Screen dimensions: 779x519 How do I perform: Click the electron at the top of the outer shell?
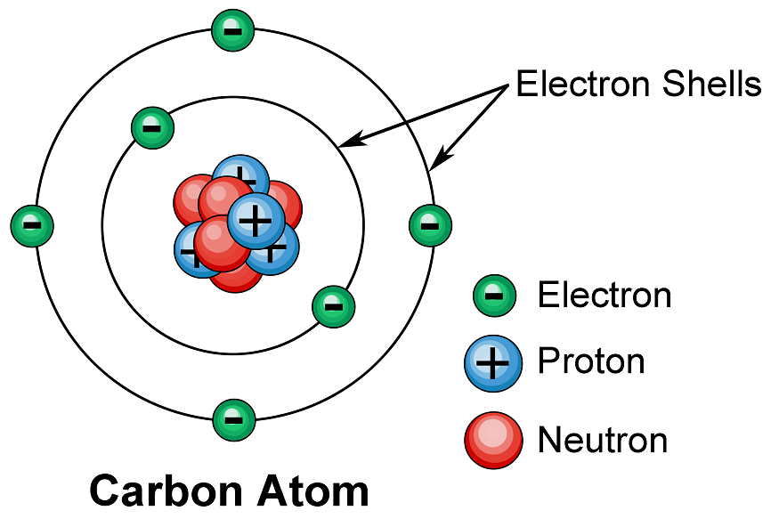232,30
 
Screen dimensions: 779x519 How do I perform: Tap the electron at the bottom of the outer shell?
233,419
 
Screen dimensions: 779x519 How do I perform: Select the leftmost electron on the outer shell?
32,225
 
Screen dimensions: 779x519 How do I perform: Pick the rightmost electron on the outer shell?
430,225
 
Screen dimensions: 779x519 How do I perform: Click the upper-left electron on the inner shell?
152,127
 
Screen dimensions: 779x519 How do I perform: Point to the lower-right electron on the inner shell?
333,306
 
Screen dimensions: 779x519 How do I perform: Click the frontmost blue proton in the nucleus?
256,221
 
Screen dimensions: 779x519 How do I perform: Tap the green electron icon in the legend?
494,296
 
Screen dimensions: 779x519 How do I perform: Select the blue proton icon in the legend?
493,363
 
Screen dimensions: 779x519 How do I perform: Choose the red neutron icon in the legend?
493,440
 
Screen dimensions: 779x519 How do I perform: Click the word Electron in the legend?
605,295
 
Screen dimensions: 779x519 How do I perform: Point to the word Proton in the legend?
591,361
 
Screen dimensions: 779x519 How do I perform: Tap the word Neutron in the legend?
603,440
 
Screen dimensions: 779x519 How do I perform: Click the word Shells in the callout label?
711,84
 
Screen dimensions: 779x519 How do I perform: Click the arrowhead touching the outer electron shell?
440,157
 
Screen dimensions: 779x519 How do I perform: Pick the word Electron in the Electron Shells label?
583,84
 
